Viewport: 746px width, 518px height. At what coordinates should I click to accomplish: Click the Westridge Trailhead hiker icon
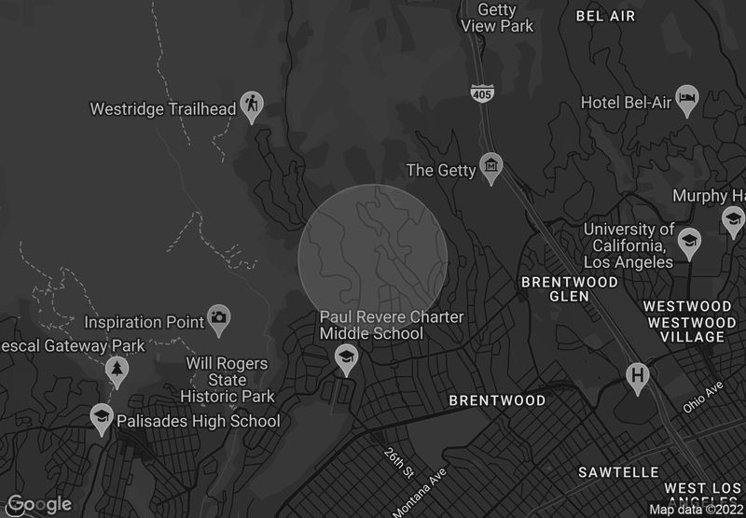point(251,105)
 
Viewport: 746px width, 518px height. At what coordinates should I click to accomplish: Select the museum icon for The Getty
point(490,167)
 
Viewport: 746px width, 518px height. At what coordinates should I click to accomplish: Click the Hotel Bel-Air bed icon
point(687,99)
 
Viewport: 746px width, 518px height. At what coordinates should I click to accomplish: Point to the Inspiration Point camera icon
point(219,317)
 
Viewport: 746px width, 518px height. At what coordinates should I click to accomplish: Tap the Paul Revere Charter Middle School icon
point(346,357)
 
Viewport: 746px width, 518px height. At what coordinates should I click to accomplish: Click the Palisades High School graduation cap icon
point(101,417)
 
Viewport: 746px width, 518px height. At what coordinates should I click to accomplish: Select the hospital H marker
point(638,375)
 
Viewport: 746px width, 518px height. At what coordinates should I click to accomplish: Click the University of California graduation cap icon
point(689,241)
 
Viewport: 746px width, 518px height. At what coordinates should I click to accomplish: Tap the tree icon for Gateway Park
point(117,370)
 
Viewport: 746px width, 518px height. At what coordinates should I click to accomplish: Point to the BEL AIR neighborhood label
point(605,16)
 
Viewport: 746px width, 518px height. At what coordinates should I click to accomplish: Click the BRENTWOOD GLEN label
point(569,288)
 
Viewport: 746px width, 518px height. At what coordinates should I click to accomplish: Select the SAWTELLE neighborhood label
point(618,472)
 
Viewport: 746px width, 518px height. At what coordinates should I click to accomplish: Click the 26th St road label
point(397,464)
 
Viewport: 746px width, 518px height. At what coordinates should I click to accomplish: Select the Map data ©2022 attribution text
point(697,510)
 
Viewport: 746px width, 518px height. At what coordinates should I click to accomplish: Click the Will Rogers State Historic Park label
point(227,380)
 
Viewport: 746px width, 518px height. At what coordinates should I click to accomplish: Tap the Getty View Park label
point(497,18)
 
